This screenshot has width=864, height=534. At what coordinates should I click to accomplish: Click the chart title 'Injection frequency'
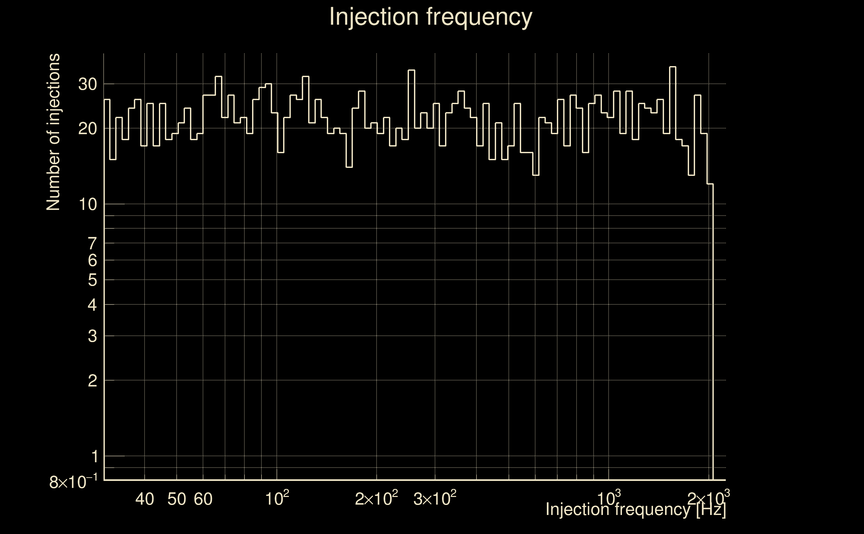[430, 17]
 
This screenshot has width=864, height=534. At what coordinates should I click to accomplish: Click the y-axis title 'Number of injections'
[53, 132]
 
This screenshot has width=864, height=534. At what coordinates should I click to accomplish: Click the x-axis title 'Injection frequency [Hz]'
[635, 509]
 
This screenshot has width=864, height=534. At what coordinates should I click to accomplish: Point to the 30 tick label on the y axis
[87, 84]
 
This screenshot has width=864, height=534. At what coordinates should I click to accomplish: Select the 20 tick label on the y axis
[87, 129]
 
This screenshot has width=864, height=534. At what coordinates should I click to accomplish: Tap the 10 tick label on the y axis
[87, 205]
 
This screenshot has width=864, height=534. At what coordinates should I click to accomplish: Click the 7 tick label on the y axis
[92, 244]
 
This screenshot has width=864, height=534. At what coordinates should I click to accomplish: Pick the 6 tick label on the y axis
[92, 261]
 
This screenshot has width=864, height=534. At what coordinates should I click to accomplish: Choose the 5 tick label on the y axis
[92, 280]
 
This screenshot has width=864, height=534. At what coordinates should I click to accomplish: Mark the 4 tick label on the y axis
[92, 305]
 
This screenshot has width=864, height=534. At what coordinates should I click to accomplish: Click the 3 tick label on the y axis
[92, 336]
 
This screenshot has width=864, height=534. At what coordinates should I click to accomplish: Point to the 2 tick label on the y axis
[92, 381]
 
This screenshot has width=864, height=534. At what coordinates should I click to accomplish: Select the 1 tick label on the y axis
[94, 457]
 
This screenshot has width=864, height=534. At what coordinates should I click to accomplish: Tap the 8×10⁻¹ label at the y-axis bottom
[73, 482]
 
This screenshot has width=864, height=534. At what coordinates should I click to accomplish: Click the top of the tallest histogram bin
[673, 67]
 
